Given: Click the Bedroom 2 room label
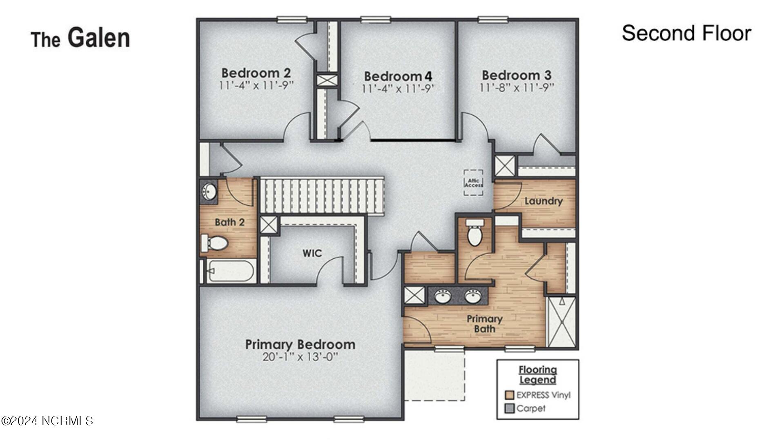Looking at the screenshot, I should tap(256, 73).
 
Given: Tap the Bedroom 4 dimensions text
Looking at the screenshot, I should tap(398, 89).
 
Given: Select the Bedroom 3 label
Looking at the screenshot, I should tap(517, 75).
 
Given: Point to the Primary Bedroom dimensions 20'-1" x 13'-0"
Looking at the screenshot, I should tap(300, 357).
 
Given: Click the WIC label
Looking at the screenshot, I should tap(312, 253).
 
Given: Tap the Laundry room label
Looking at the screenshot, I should tap(543, 201).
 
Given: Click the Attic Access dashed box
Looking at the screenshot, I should tap(473, 183).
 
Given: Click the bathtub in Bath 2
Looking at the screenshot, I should tap(231, 271).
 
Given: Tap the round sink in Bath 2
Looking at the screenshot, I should tap(209, 191).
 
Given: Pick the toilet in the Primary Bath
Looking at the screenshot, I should tap(474, 233).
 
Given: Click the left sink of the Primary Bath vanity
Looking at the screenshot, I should tap(443, 296).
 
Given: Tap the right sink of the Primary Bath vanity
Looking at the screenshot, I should tap(473, 296).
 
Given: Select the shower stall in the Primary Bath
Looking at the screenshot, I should tap(561, 322).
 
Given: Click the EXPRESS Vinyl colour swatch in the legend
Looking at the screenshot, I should tap(509, 395).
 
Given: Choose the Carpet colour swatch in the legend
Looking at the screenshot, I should tap(509, 408).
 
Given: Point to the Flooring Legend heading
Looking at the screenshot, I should tap(537, 374).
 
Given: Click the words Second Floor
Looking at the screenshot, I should tap(686, 33).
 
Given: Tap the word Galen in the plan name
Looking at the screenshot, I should tap(98, 38).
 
